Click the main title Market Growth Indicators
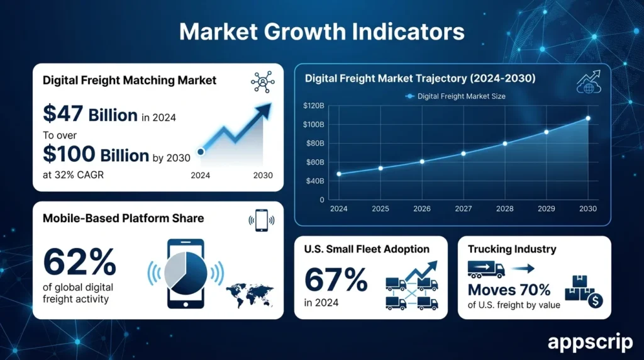tap(321, 31)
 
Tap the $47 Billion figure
tap(90, 115)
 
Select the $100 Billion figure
tap(96, 154)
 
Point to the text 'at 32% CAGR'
tap(73, 175)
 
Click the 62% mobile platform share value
tap(80, 262)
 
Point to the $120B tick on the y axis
tap(313, 106)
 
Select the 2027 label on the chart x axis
tap(464, 209)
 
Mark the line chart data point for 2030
tap(588, 118)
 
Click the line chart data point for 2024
tap(339, 174)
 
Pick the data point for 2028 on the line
tap(505, 143)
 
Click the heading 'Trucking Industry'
tap(512, 249)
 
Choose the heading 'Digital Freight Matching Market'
tap(130, 80)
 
